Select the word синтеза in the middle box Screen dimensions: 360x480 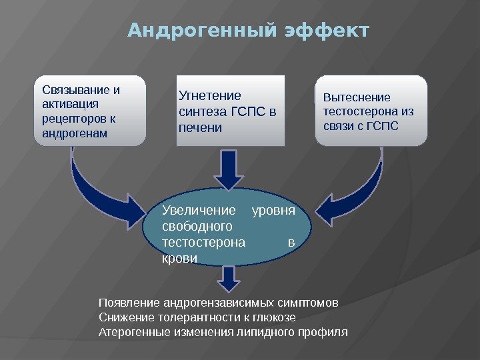click(x=202, y=111)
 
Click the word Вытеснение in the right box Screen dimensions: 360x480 click(x=357, y=97)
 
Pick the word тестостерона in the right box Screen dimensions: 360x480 click(x=360, y=111)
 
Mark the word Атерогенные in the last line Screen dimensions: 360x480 click(x=131, y=331)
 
